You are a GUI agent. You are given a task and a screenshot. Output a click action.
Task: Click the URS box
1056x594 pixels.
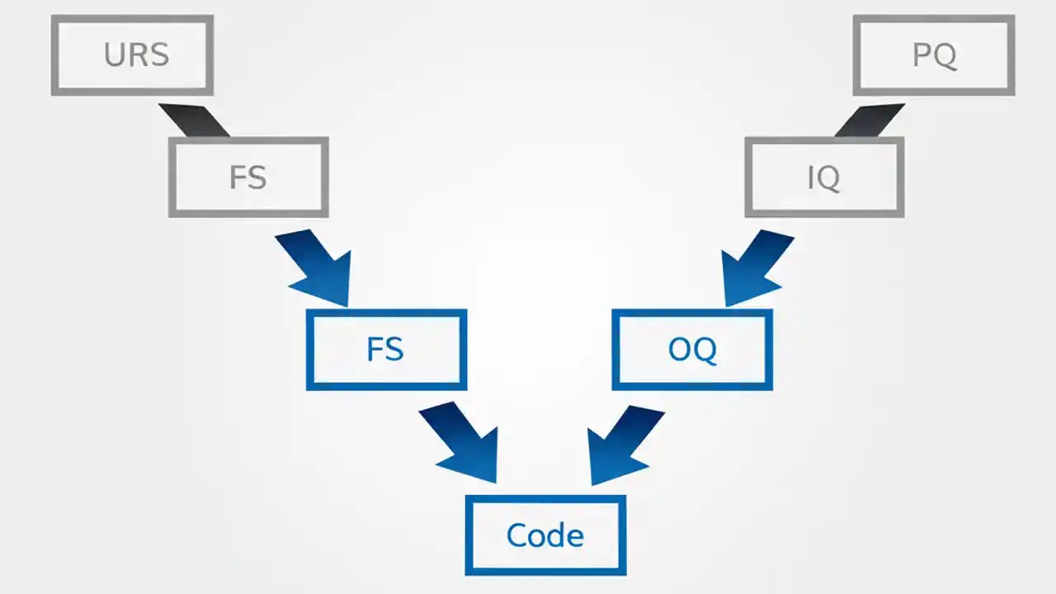click(x=132, y=54)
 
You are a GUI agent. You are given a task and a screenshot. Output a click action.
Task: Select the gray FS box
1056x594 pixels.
click(x=248, y=177)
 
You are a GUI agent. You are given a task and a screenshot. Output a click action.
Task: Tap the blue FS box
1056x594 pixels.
click(x=386, y=349)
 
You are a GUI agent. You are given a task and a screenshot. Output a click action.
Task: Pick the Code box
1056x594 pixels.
click(x=545, y=535)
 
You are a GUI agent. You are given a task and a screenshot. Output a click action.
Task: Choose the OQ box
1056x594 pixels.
click(x=692, y=349)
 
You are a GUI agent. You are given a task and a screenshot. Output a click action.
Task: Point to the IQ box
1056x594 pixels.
click(x=824, y=177)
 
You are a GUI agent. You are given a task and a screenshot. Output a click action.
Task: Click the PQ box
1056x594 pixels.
click(x=934, y=54)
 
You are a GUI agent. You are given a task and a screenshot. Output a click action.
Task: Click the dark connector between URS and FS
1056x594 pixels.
click(x=194, y=120)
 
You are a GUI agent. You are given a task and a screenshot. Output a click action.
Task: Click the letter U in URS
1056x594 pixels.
click(x=114, y=54)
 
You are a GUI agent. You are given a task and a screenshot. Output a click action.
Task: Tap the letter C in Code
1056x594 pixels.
click(x=516, y=535)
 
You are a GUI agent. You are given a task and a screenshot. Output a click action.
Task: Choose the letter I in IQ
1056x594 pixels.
click(x=812, y=177)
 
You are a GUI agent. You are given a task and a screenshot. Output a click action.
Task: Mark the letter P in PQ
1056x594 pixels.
click(x=922, y=54)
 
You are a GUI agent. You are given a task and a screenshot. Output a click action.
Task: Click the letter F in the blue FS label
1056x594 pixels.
click(x=374, y=349)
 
